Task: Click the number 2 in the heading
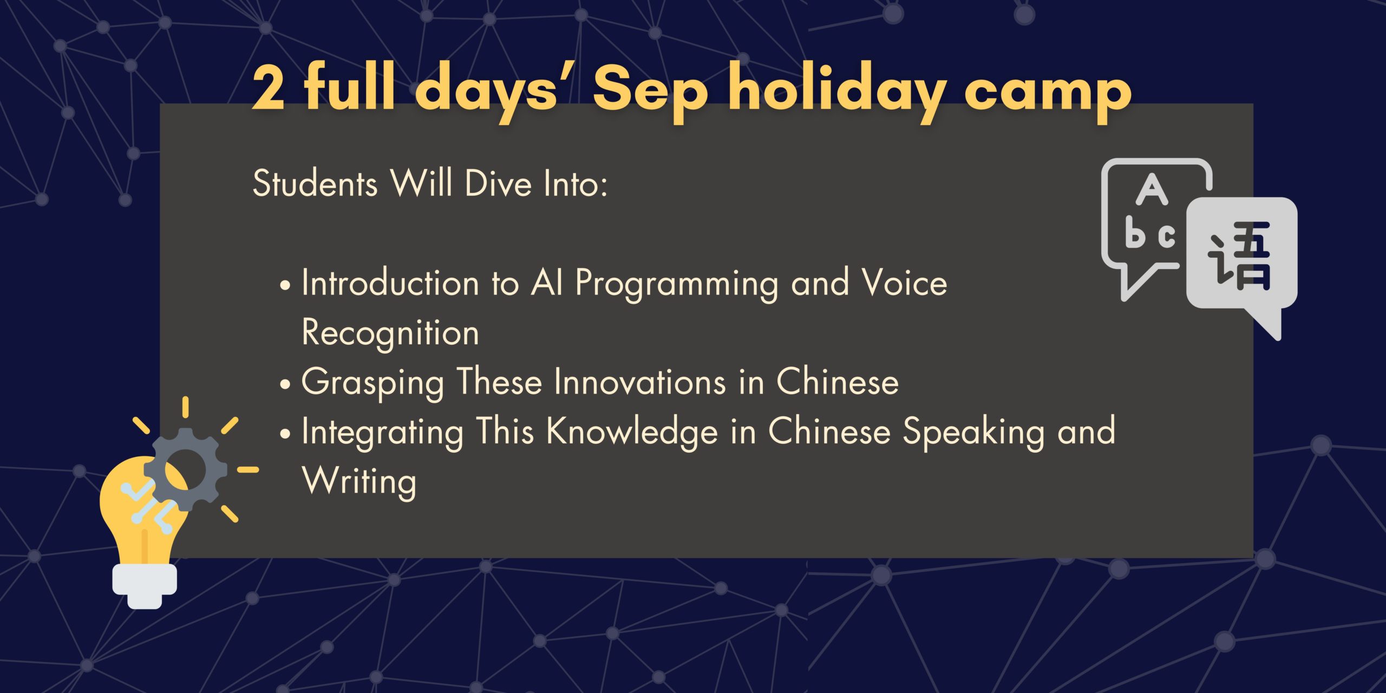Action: [269, 87]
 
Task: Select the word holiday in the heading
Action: [838, 91]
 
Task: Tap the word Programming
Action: [677, 284]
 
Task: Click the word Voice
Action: [905, 282]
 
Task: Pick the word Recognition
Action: [390, 333]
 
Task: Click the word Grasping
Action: [372, 383]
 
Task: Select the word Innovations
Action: [640, 382]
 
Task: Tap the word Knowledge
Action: [632, 433]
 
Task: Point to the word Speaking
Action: [973, 433]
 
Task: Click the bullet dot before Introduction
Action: [285, 285]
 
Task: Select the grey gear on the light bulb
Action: [185, 469]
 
